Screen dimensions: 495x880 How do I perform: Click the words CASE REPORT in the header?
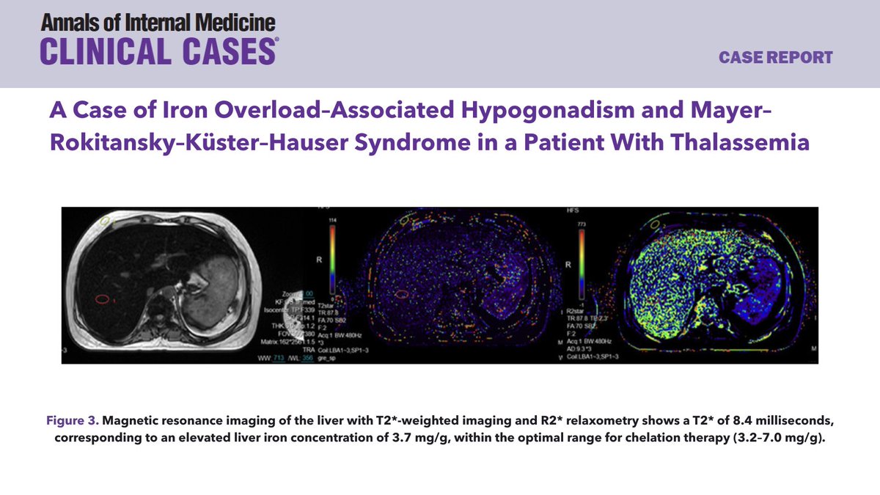pyautogui.click(x=776, y=57)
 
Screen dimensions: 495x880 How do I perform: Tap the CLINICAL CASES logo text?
pyautogui.click(x=158, y=51)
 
